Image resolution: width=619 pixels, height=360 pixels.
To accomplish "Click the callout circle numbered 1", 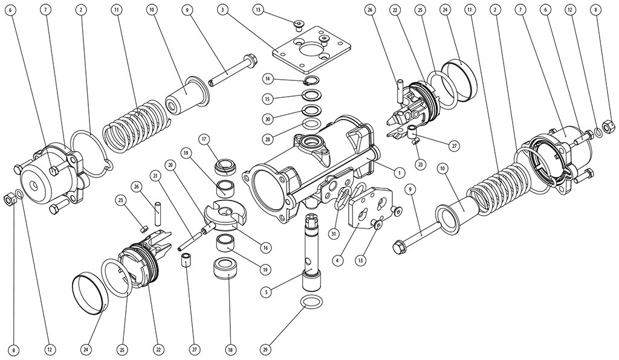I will point(399,172).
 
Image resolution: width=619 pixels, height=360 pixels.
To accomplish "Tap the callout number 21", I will point(155,176).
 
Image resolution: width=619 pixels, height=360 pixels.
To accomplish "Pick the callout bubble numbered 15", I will point(267,98).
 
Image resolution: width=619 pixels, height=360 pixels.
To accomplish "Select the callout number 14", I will point(267,79).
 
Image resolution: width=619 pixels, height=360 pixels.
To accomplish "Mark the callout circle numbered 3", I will point(223,10).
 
